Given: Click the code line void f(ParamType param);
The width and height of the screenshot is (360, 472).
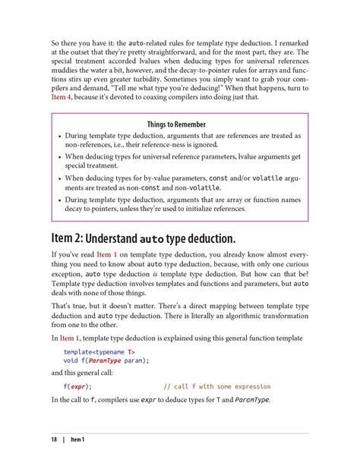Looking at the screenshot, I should (x=106, y=362).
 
